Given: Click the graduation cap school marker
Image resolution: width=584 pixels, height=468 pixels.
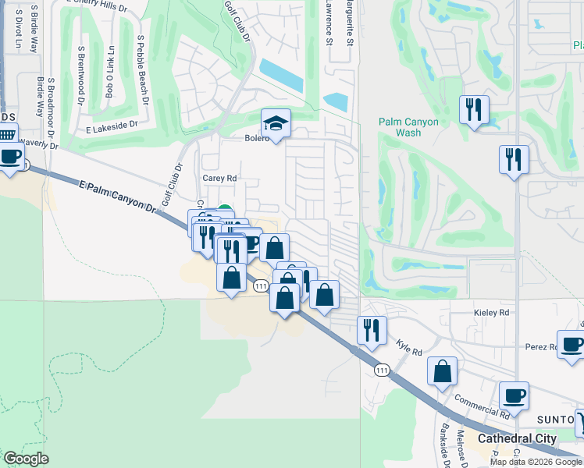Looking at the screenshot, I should [x=274, y=123].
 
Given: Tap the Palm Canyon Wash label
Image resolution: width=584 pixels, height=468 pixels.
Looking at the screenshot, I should [x=408, y=127].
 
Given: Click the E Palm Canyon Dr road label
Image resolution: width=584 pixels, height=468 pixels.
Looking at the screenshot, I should [x=118, y=194].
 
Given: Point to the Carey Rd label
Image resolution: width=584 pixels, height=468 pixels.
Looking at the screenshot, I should [x=219, y=178].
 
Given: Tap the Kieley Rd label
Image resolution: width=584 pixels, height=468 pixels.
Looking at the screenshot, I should [x=491, y=313].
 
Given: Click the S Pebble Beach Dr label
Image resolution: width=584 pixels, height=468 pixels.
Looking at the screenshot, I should [x=142, y=69].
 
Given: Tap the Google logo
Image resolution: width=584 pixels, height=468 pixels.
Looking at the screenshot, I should [x=25, y=459].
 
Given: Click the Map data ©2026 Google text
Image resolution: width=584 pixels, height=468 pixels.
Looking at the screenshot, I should [x=536, y=462].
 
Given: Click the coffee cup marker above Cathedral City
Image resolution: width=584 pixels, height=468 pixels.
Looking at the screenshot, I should [x=514, y=395].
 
